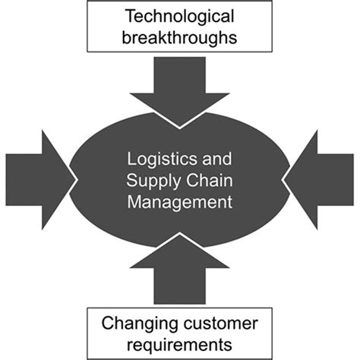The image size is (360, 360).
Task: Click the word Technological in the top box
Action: [x=180, y=16]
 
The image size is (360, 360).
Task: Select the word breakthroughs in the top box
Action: [x=180, y=36]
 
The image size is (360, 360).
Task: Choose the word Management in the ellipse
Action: [x=180, y=203]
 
